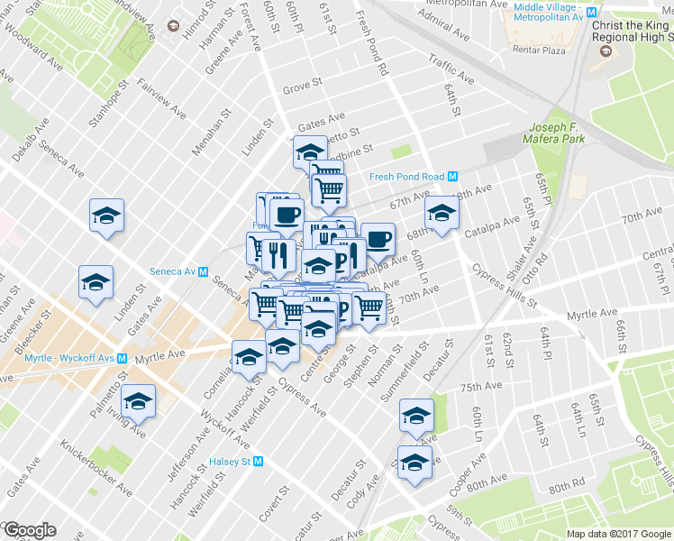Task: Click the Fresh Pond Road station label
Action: [407, 177]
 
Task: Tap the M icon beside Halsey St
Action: [259, 461]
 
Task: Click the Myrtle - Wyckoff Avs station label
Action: [56, 358]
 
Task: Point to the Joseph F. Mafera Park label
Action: [557, 133]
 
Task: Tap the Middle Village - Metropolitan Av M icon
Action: [592, 13]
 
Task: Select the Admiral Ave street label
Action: [444, 33]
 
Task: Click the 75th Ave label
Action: [480, 386]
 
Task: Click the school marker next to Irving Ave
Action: [138, 401]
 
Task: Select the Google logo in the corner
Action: [29, 530]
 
